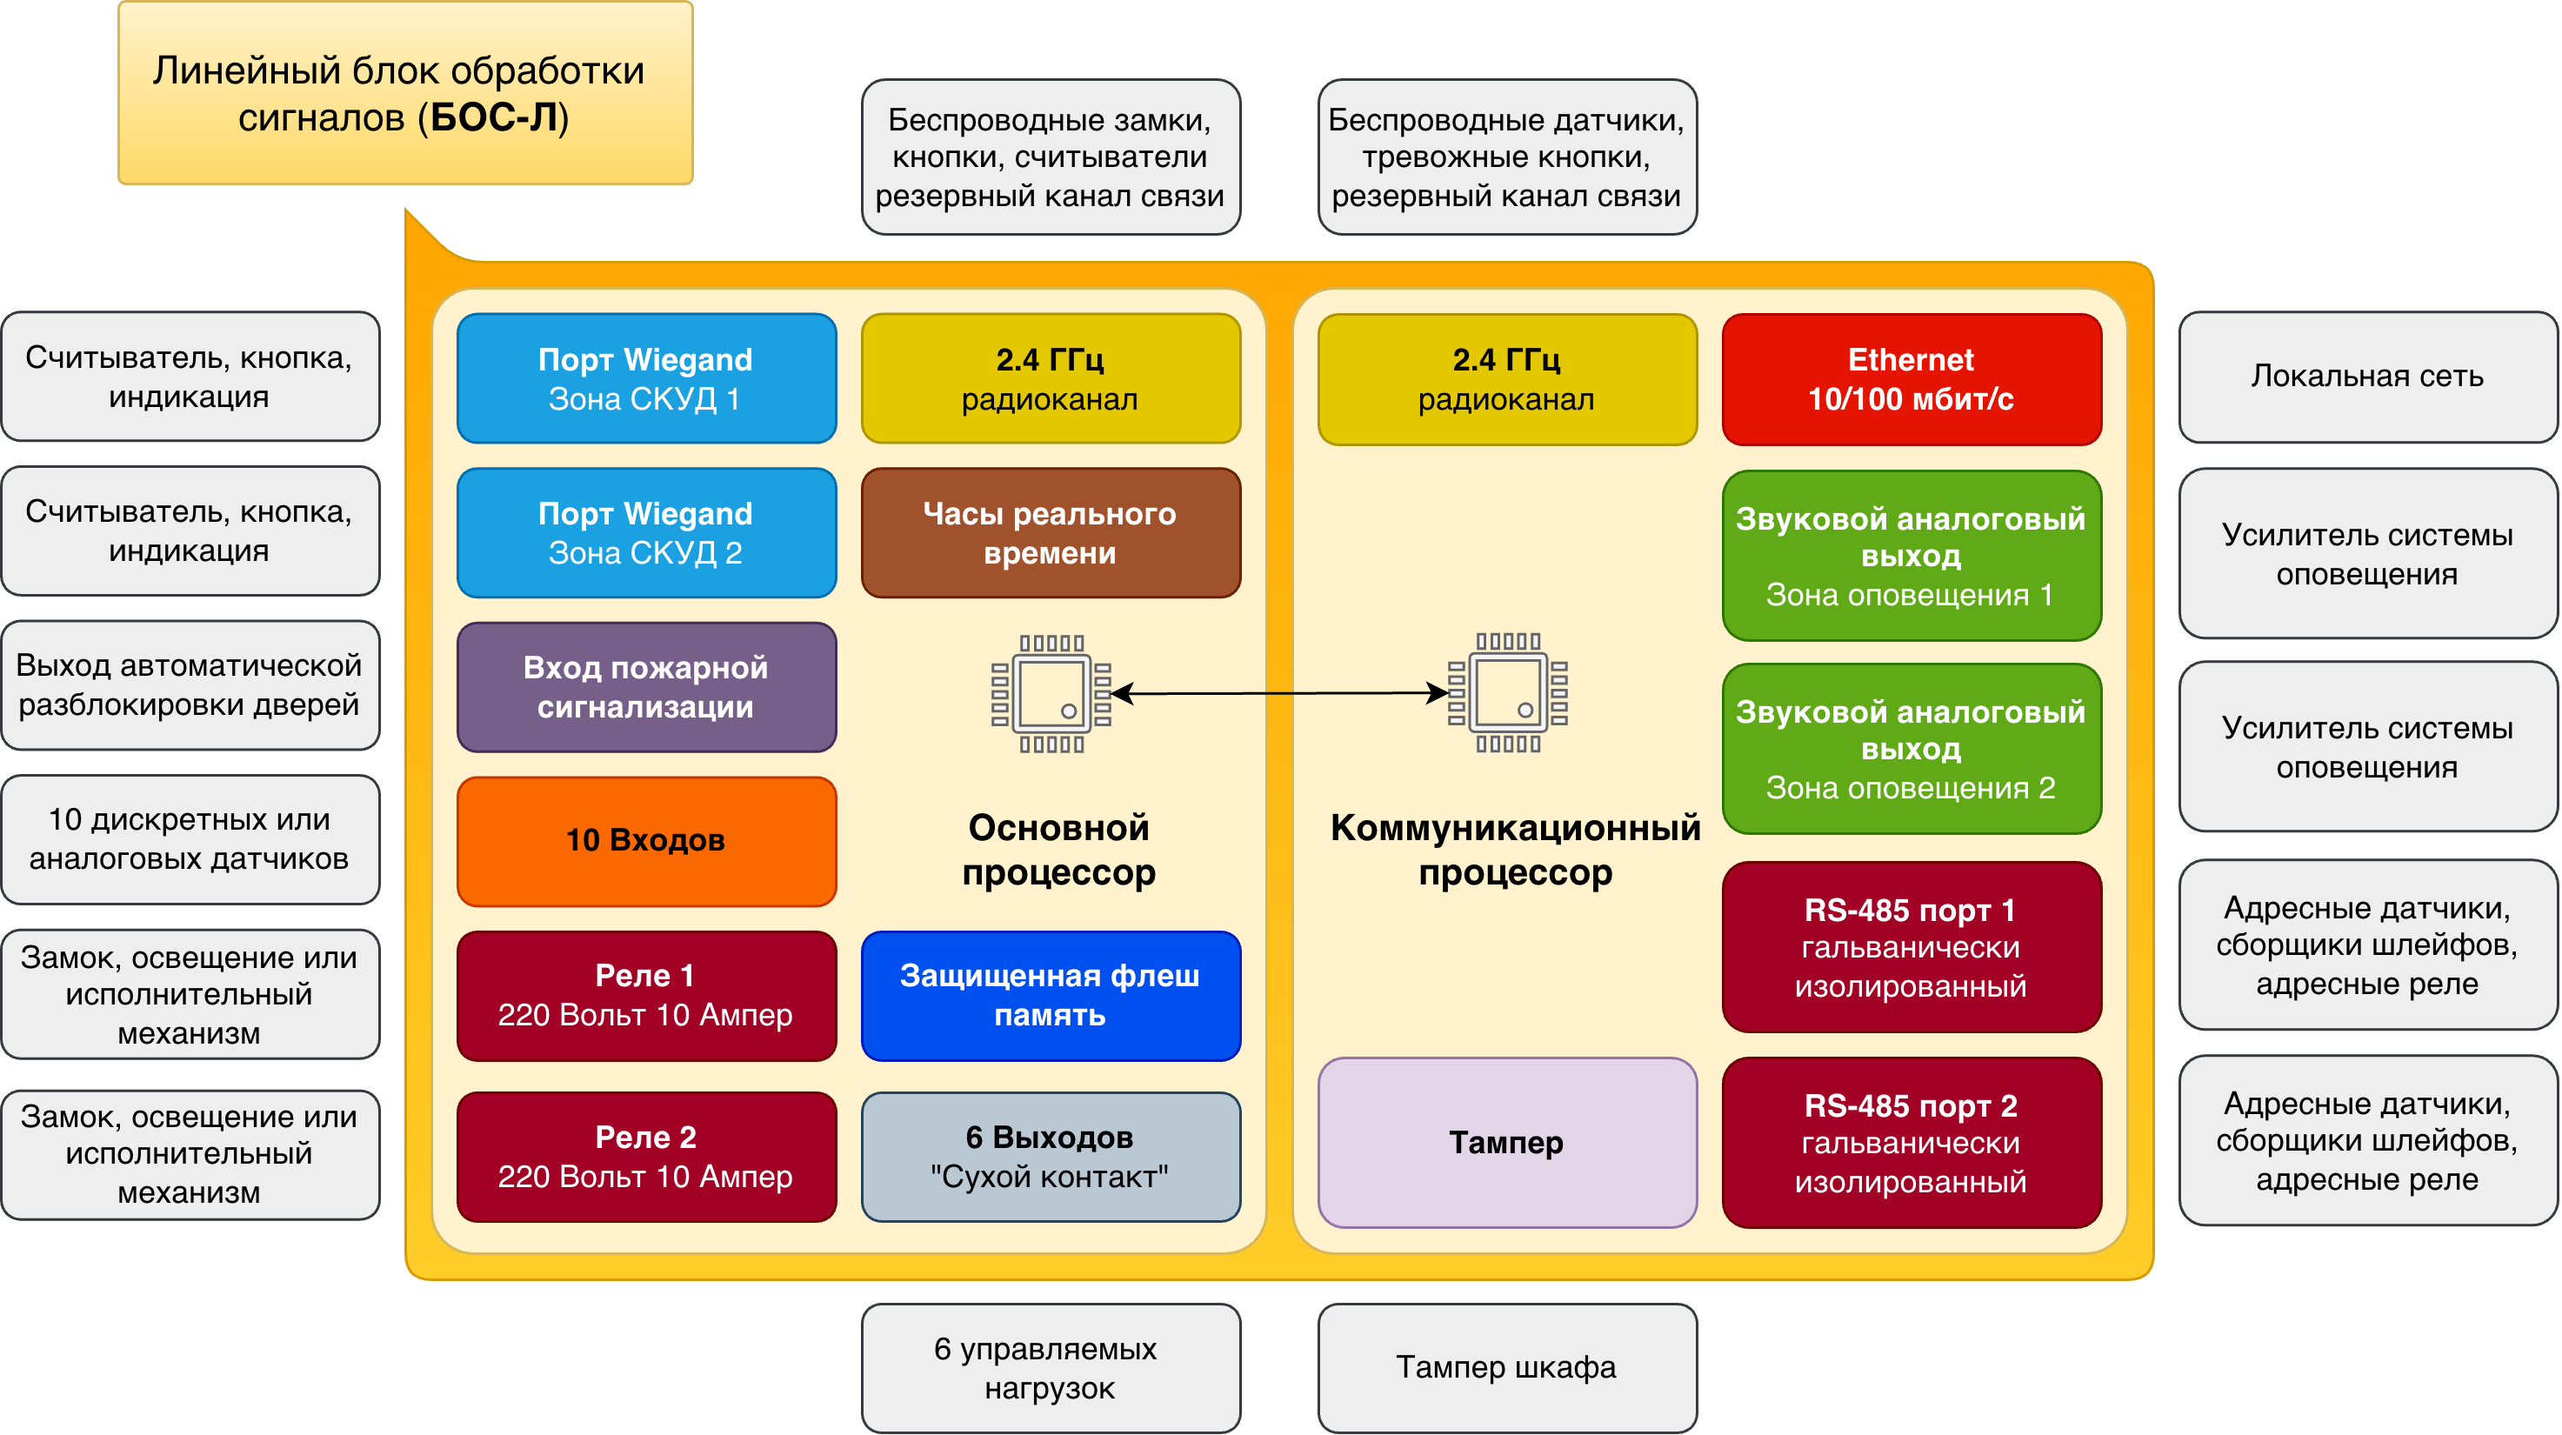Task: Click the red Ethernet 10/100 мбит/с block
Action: point(1911,379)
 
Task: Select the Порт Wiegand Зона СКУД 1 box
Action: point(645,378)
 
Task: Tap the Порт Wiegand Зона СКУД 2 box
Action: point(645,532)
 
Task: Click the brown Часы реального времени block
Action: point(1051,532)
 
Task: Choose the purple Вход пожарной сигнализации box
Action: point(645,686)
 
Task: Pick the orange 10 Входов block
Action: point(645,840)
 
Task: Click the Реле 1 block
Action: point(645,996)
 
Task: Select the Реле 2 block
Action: point(645,1157)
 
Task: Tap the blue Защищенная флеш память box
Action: point(1051,996)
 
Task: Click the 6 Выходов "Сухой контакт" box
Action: point(1051,1157)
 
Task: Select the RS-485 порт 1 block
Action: point(1911,947)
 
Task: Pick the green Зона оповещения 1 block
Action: point(1911,555)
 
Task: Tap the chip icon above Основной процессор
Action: point(1051,693)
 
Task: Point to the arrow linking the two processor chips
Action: point(1279,693)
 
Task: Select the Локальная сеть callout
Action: point(2367,376)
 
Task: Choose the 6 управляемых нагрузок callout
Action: point(1051,1367)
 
